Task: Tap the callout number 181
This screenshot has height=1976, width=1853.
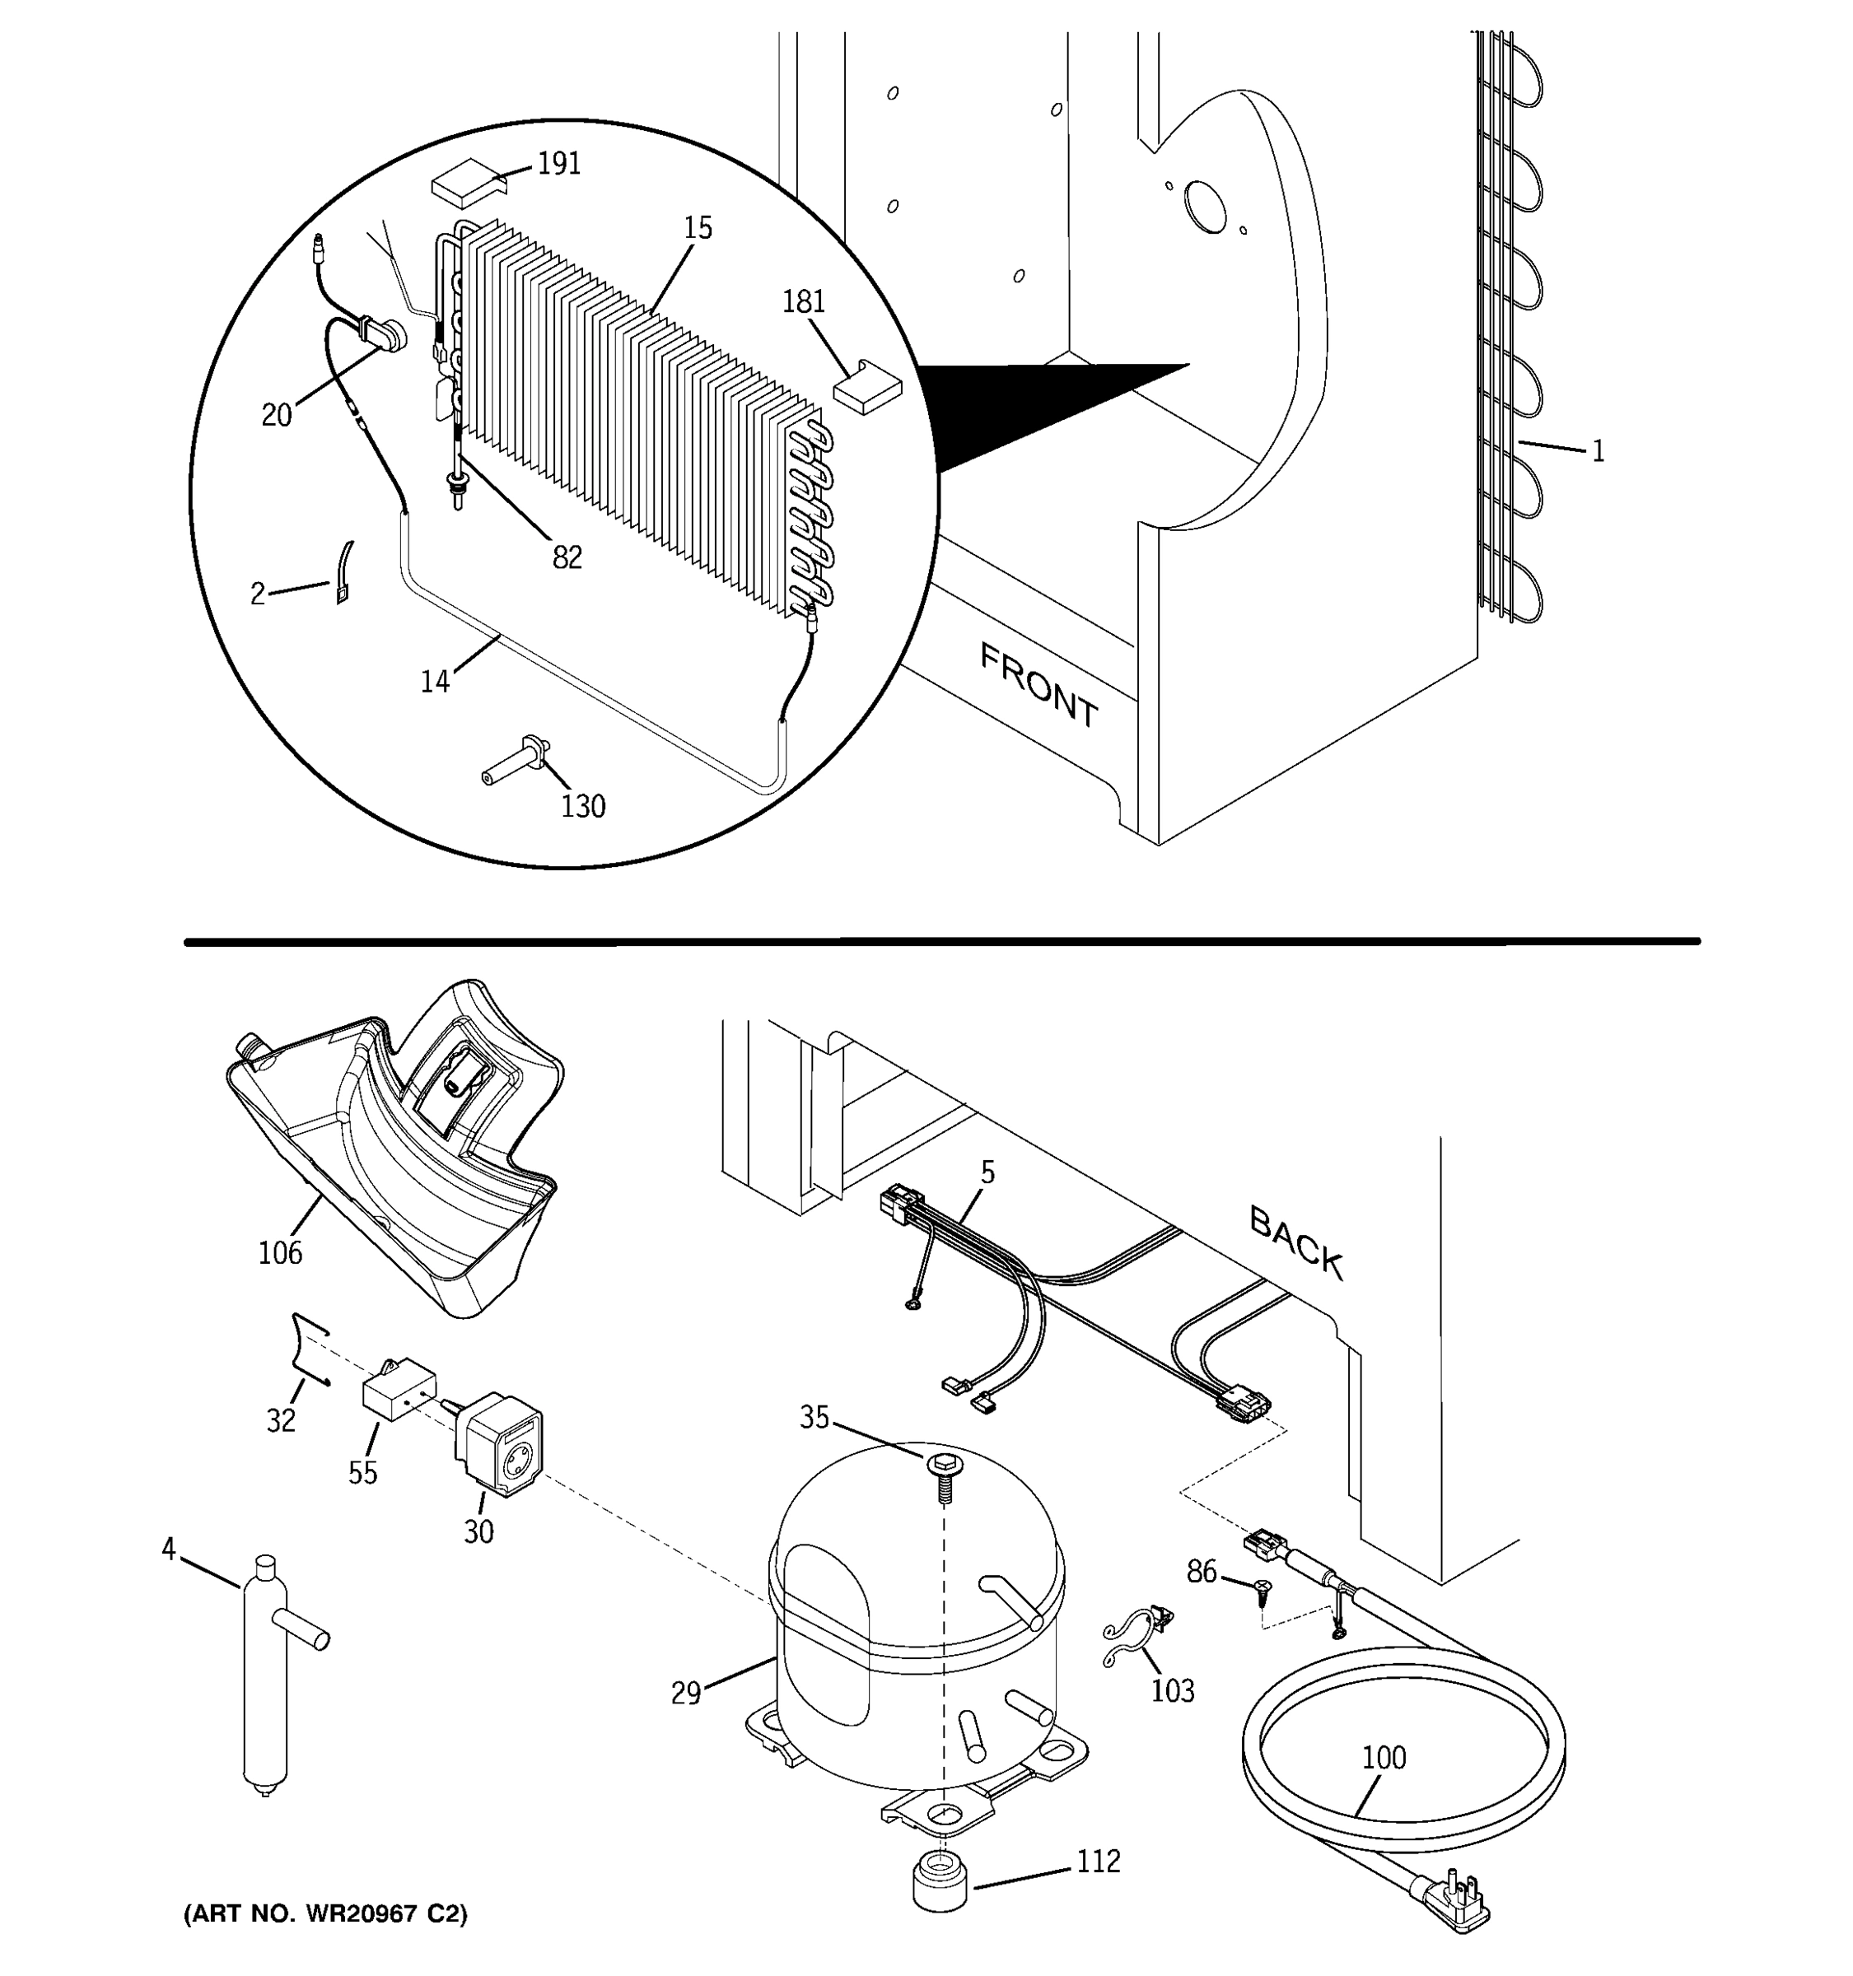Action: (x=803, y=301)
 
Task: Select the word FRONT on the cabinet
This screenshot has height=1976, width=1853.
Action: (x=1039, y=686)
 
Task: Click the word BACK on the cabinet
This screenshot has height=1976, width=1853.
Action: (x=1296, y=1242)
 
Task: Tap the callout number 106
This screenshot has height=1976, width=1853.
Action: (x=280, y=1253)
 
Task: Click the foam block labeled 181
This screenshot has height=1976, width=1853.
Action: (x=865, y=388)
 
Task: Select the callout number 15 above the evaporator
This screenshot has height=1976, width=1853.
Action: (x=698, y=229)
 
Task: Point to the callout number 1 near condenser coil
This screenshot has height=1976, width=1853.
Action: (x=1599, y=452)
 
